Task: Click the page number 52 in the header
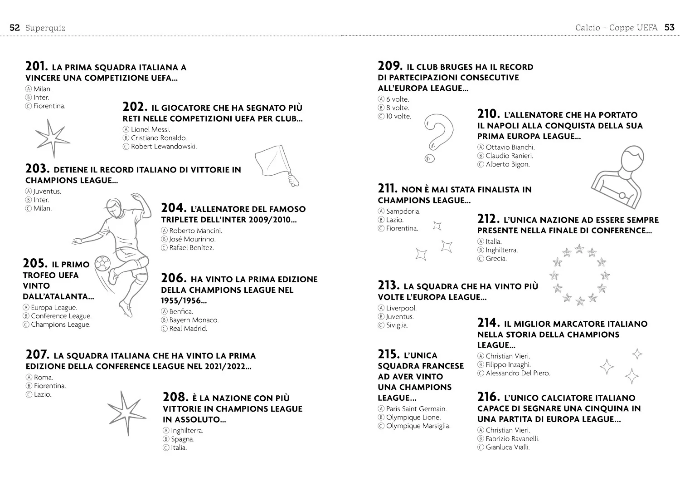point(15,28)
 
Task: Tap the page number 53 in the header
point(670,28)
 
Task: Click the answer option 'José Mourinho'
point(193,239)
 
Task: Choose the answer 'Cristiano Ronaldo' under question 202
point(159,138)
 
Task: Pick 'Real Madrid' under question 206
point(188,329)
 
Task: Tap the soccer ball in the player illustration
point(102,263)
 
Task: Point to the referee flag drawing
point(277,165)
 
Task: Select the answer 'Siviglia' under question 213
point(397,325)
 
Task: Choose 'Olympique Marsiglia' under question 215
point(418,426)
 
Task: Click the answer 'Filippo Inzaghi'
point(508,365)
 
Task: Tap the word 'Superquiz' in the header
point(45,28)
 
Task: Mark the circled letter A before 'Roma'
point(29,378)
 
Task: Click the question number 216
point(488,397)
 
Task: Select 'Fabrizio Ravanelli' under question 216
point(512,439)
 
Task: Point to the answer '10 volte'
point(398,116)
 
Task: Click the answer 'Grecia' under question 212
point(496,259)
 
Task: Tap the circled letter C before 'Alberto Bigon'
point(480,164)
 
